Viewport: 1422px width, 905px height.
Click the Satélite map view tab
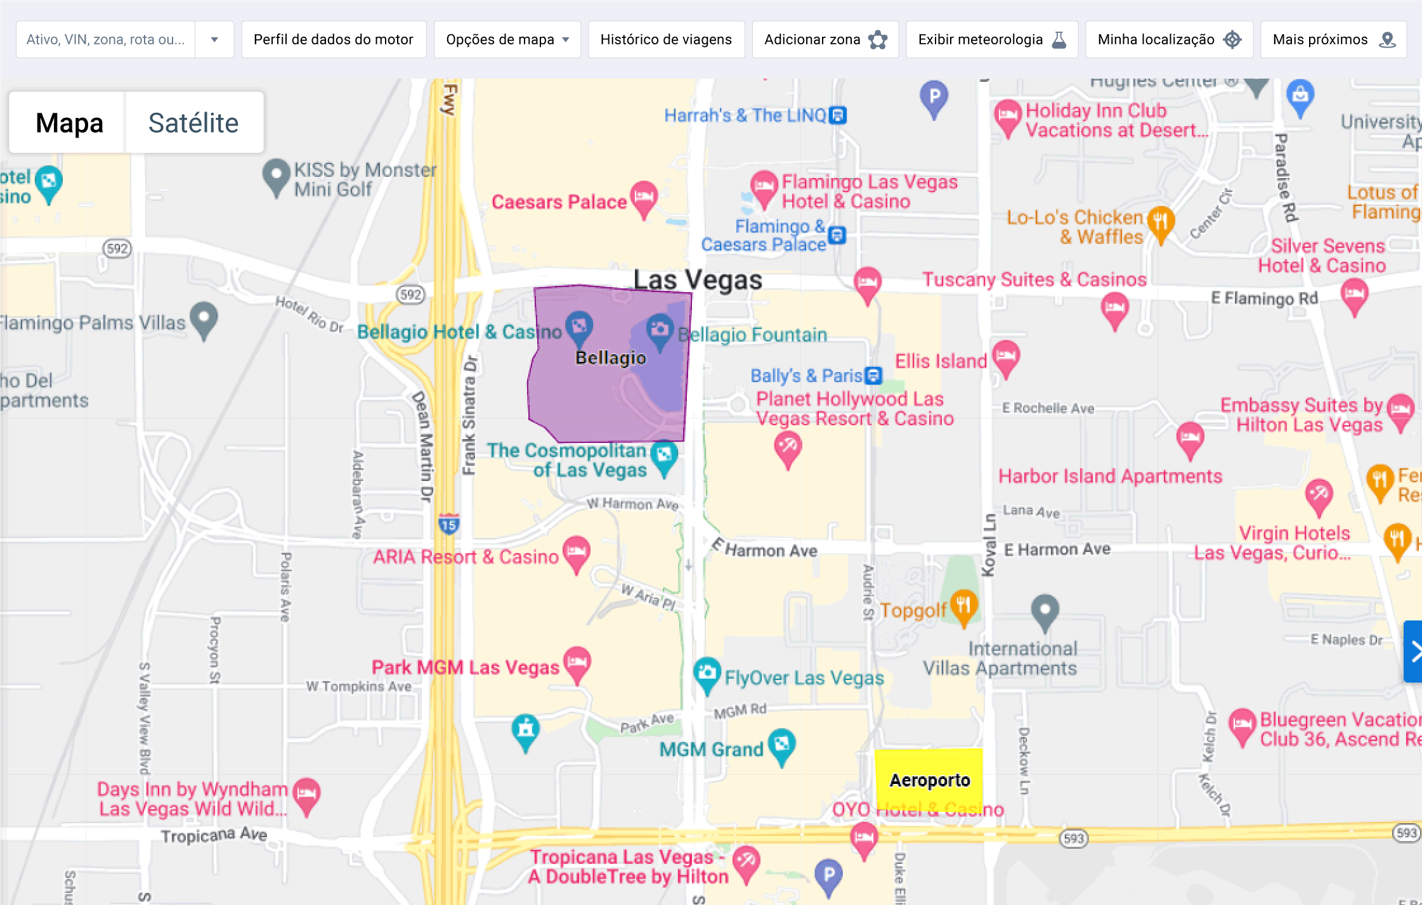tap(193, 123)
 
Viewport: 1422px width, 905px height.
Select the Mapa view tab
tap(69, 123)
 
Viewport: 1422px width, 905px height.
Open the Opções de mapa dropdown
tap(507, 39)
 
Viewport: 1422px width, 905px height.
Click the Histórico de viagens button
tap(666, 39)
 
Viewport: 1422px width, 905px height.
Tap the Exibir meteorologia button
tap(991, 39)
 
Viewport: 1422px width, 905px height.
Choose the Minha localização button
tap(1168, 39)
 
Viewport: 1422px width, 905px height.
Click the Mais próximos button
tap(1333, 39)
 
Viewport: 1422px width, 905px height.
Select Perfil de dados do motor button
tap(334, 39)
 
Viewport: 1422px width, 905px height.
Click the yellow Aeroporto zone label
tap(929, 780)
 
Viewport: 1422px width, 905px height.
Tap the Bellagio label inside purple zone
tap(610, 358)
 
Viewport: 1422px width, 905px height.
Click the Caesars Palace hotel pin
tap(644, 197)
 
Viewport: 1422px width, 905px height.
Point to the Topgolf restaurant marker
tap(963, 605)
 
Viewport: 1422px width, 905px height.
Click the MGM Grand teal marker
tap(781, 744)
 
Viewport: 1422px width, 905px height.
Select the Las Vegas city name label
tap(698, 279)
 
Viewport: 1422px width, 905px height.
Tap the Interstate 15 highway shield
tap(449, 524)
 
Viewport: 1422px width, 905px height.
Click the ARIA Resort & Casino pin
tap(577, 552)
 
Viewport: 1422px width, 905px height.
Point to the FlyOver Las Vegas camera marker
tap(707, 673)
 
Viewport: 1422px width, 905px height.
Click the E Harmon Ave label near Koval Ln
tap(1057, 549)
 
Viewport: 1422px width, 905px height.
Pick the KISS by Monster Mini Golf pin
tap(276, 175)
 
